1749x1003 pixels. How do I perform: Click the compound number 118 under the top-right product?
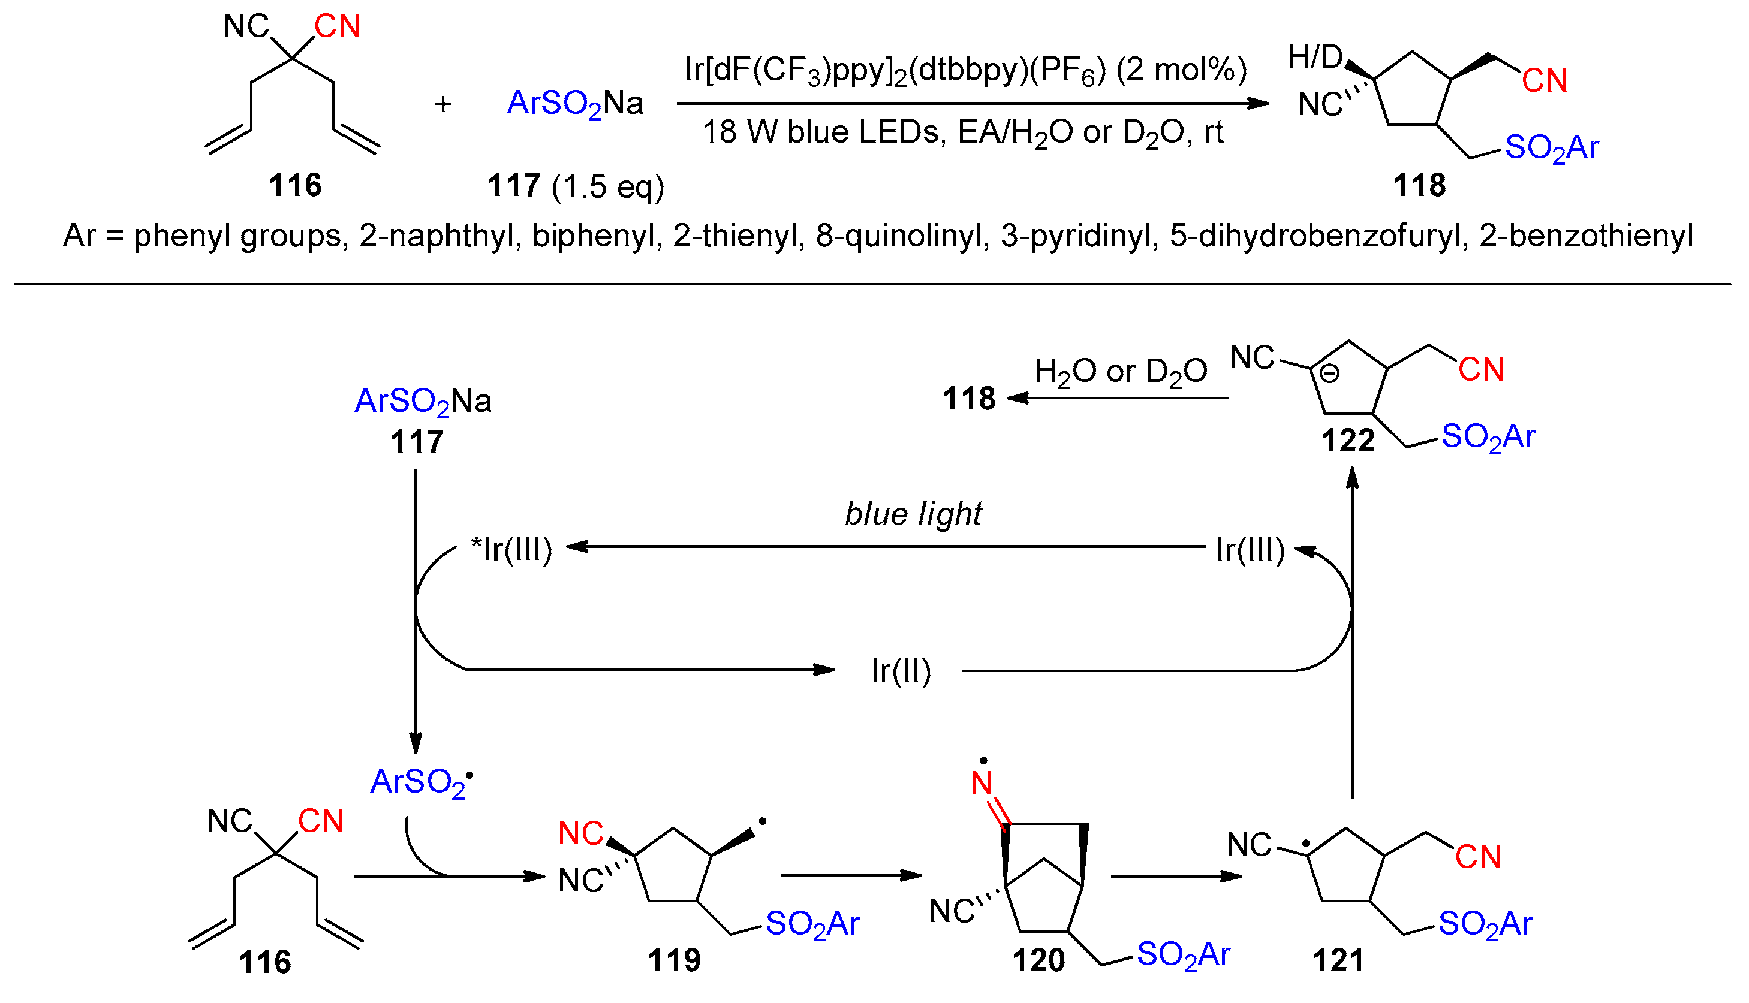tap(1419, 186)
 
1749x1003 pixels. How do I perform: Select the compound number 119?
tap(674, 960)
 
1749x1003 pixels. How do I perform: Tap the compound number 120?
tap(1038, 960)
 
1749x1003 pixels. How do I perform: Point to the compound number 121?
tap(1338, 960)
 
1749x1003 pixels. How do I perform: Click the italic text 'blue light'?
tap(913, 514)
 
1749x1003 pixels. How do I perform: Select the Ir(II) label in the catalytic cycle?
tap(901, 671)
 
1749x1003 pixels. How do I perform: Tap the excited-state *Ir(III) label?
tap(511, 549)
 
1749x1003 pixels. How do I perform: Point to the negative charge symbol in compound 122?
tap(1329, 374)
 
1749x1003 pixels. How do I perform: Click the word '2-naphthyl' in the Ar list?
tap(436, 236)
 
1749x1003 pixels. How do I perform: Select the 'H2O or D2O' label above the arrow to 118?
tap(1120, 372)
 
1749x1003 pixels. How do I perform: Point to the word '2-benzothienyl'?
tap(1586, 236)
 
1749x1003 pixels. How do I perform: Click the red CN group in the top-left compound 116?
tap(337, 27)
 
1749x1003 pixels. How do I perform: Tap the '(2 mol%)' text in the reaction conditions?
tap(1181, 70)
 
